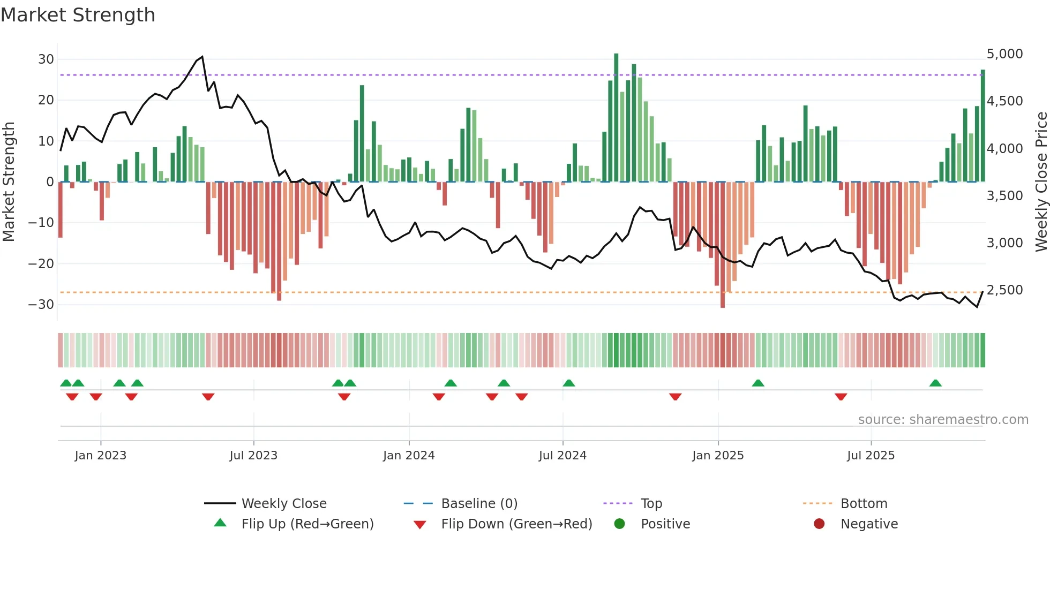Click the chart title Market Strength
(x=78, y=15)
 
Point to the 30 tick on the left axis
(x=46, y=59)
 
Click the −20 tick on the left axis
(x=42, y=263)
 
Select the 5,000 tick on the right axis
(x=1004, y=54)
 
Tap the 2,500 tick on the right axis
(x=1004, y=290)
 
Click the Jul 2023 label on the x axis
(x=253, y=456)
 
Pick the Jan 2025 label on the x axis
(x=718, y=456)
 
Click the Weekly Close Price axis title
(x=1041, y=181)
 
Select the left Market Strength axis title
(x=9, y=181)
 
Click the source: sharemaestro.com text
(x=943, y=420)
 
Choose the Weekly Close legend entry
(x=283, y=504)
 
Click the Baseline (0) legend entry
(x=479, y=504)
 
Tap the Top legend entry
(x=651, y=504)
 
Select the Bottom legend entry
(x=864, y=504)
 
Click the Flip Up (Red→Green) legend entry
(x=307, y=524)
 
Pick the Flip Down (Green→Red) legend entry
(x=516, y=524)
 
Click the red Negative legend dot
(x=819, y=524)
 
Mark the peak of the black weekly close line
(x=202, y=57)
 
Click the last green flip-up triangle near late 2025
(x=935, y=383)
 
